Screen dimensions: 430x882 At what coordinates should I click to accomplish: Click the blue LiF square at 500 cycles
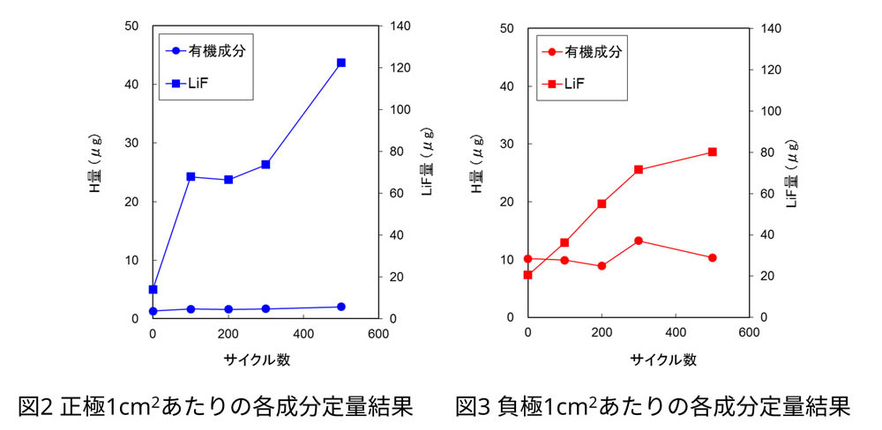point(341,63)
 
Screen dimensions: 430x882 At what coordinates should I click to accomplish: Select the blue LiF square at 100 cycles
point(191,176)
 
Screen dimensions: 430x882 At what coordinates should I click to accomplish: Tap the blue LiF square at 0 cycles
point(153,289)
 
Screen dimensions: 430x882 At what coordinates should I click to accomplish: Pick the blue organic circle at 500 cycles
point(341,307)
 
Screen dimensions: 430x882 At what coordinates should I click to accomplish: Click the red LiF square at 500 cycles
point(713,152)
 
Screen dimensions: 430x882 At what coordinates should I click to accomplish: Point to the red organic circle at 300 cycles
point(639,241)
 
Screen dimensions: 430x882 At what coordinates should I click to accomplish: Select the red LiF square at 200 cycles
point(602,204)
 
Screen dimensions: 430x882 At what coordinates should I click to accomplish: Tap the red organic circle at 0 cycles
point(527,259)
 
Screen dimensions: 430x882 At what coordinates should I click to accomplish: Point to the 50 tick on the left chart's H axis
point(131,26)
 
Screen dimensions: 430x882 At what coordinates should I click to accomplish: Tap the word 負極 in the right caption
point(518,406)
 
